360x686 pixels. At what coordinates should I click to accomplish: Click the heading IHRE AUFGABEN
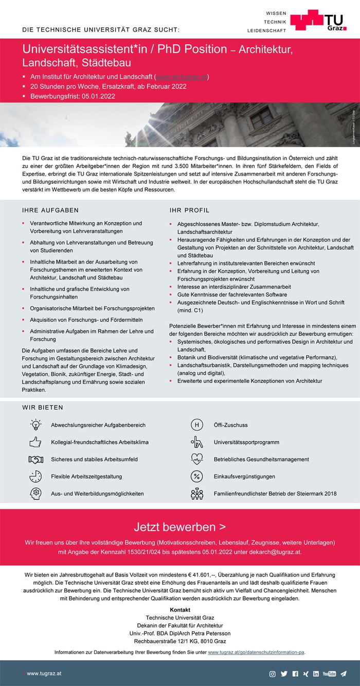click(50, 210)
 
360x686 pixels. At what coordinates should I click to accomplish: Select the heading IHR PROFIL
click(189, 210)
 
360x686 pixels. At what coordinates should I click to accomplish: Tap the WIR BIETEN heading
click(43, 408)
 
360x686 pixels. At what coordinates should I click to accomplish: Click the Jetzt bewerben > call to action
click(179, 527)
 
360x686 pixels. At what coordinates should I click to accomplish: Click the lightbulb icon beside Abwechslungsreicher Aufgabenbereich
click(35, 425)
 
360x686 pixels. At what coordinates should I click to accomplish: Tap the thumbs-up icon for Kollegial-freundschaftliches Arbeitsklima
click(35, 442)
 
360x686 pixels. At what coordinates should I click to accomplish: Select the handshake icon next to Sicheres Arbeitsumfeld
click(35, 459)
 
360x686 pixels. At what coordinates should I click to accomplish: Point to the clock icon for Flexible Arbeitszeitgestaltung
click(35, 476)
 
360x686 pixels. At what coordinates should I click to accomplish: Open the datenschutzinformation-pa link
click(256, 652)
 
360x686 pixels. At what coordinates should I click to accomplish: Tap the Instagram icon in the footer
click(273, 674)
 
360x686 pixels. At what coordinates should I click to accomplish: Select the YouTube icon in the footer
click(329, 674)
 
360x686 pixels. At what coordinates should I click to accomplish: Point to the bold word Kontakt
click(179, 610)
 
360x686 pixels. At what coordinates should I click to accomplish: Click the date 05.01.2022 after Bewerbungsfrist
click(98, 96)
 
